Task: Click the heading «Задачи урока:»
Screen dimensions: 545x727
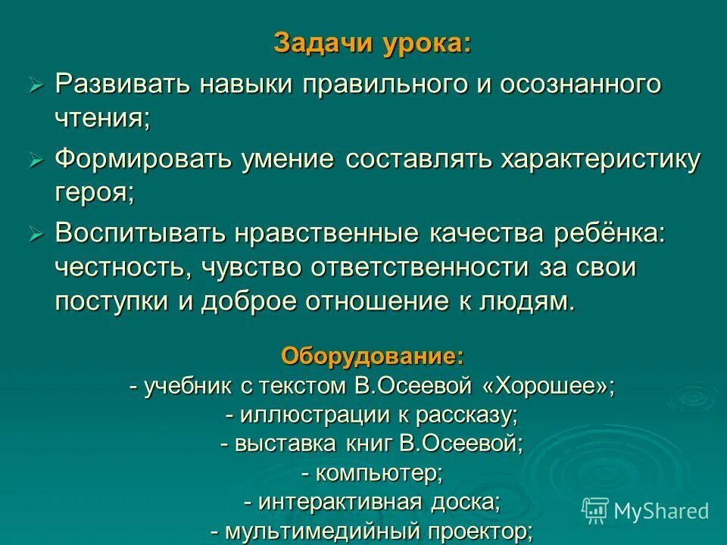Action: [371, 43]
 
